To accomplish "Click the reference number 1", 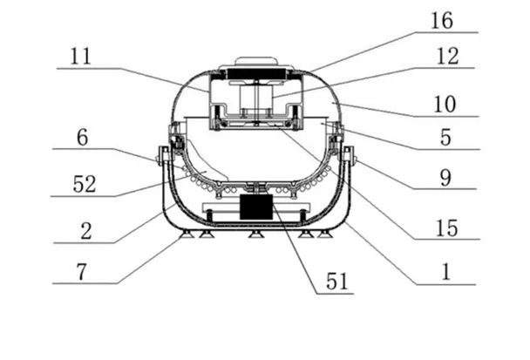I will click(445, 271).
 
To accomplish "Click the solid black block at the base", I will click(256, 207).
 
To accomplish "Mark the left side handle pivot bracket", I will click(163, 157).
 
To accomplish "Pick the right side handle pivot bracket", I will click(349, 157).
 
